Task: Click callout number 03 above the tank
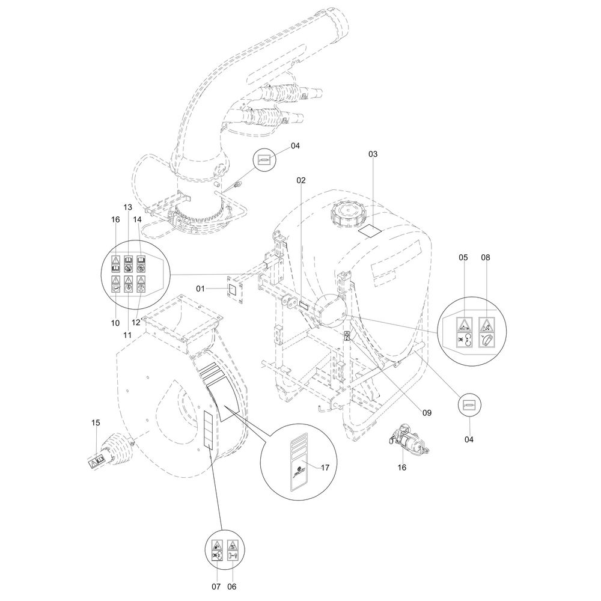[373, 154]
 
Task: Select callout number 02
[301, 180]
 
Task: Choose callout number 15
[96, 423]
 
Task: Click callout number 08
[486, 258]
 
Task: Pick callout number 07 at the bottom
[217, 586]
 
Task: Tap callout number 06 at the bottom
[231, 586]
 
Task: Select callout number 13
[127, 207]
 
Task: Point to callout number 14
[139, 219]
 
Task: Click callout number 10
[115, 323]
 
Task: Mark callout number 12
[136, 323]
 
